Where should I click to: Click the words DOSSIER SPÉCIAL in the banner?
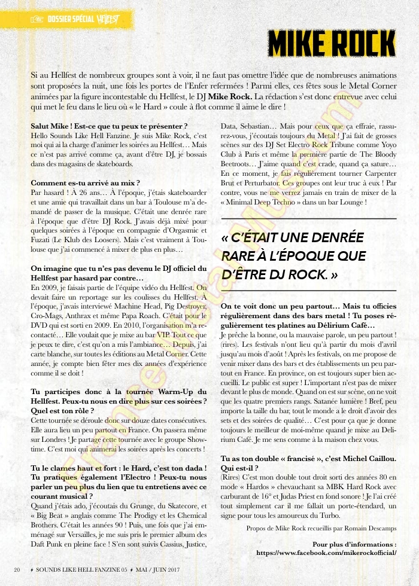[x=70, y=19]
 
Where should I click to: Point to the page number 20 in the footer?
[x=17, y=568]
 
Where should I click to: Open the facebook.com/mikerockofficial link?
[x=326, y=553]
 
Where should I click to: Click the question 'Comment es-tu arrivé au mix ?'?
[x=86, y=182]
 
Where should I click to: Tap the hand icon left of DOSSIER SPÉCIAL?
[x=37, y=19]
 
